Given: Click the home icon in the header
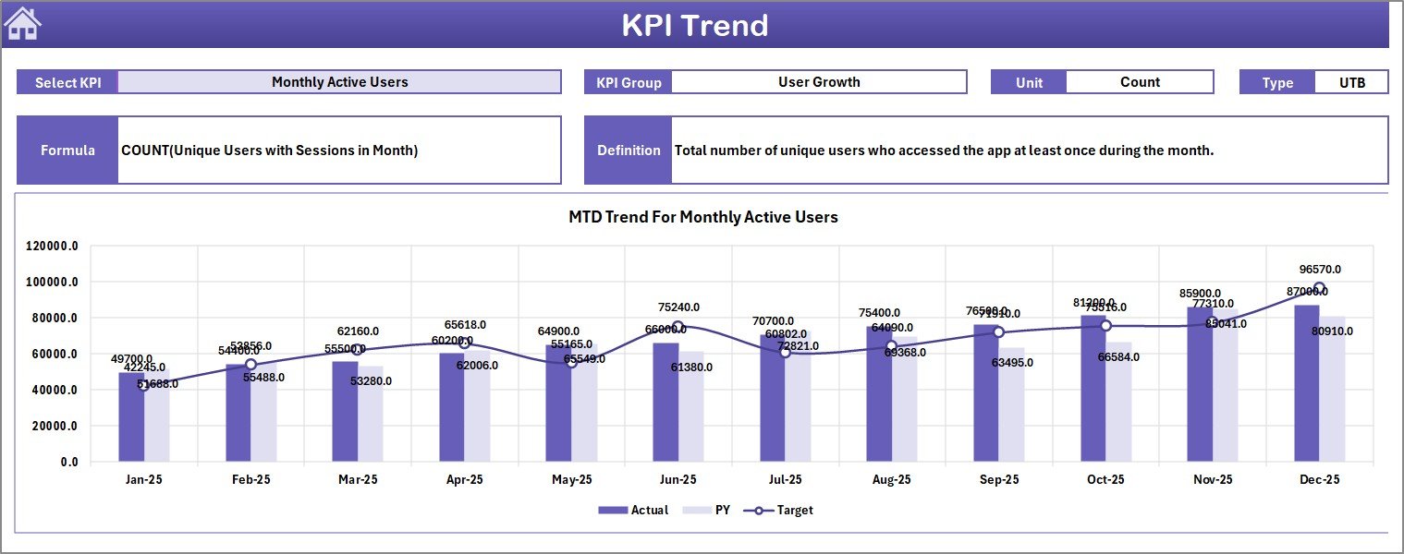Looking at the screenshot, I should coord(23,24).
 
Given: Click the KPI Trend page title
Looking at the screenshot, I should coord(694,25).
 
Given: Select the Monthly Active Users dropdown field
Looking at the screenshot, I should coord(339,82).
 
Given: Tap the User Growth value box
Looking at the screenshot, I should coord(818,82).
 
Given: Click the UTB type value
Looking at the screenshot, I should coord(1351,82).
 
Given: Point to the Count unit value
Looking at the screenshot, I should coord(1139,82).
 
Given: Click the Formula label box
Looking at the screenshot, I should coord(67,151).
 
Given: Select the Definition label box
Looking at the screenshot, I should coord(629,151).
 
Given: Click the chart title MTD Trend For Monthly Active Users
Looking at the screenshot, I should coord(702,217).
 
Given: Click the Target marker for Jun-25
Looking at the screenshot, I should coord(678,327).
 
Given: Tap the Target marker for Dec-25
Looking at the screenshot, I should coord(1319,288).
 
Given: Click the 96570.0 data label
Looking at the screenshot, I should coord(1319,270).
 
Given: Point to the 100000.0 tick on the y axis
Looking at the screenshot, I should coord(53,283).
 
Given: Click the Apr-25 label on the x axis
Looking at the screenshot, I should coord(464,480).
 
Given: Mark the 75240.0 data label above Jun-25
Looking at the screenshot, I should coord(678,307).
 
